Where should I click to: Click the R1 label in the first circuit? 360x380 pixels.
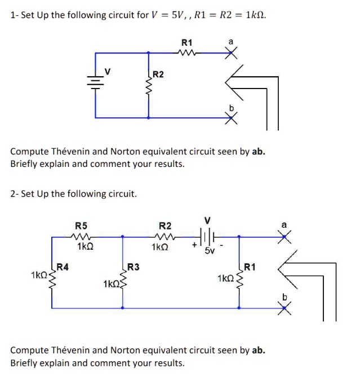point(186,42)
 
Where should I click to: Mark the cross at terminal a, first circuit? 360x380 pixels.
point(230,53)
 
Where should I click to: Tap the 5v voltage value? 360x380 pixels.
point(210,251)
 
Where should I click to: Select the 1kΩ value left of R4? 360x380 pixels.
point(40,275)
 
